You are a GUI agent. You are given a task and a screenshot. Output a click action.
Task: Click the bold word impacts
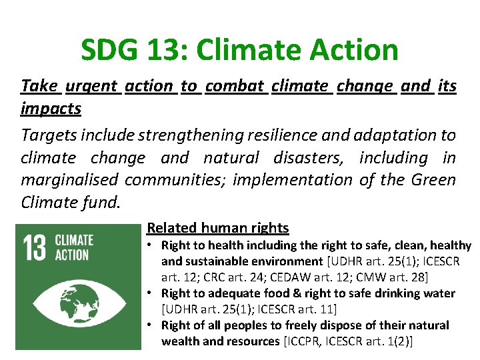click(x=51, y=108)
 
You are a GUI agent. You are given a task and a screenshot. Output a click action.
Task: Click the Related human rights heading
click(x=217, y=228)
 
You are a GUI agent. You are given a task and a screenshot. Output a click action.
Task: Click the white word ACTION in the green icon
click(x=71, y=255)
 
